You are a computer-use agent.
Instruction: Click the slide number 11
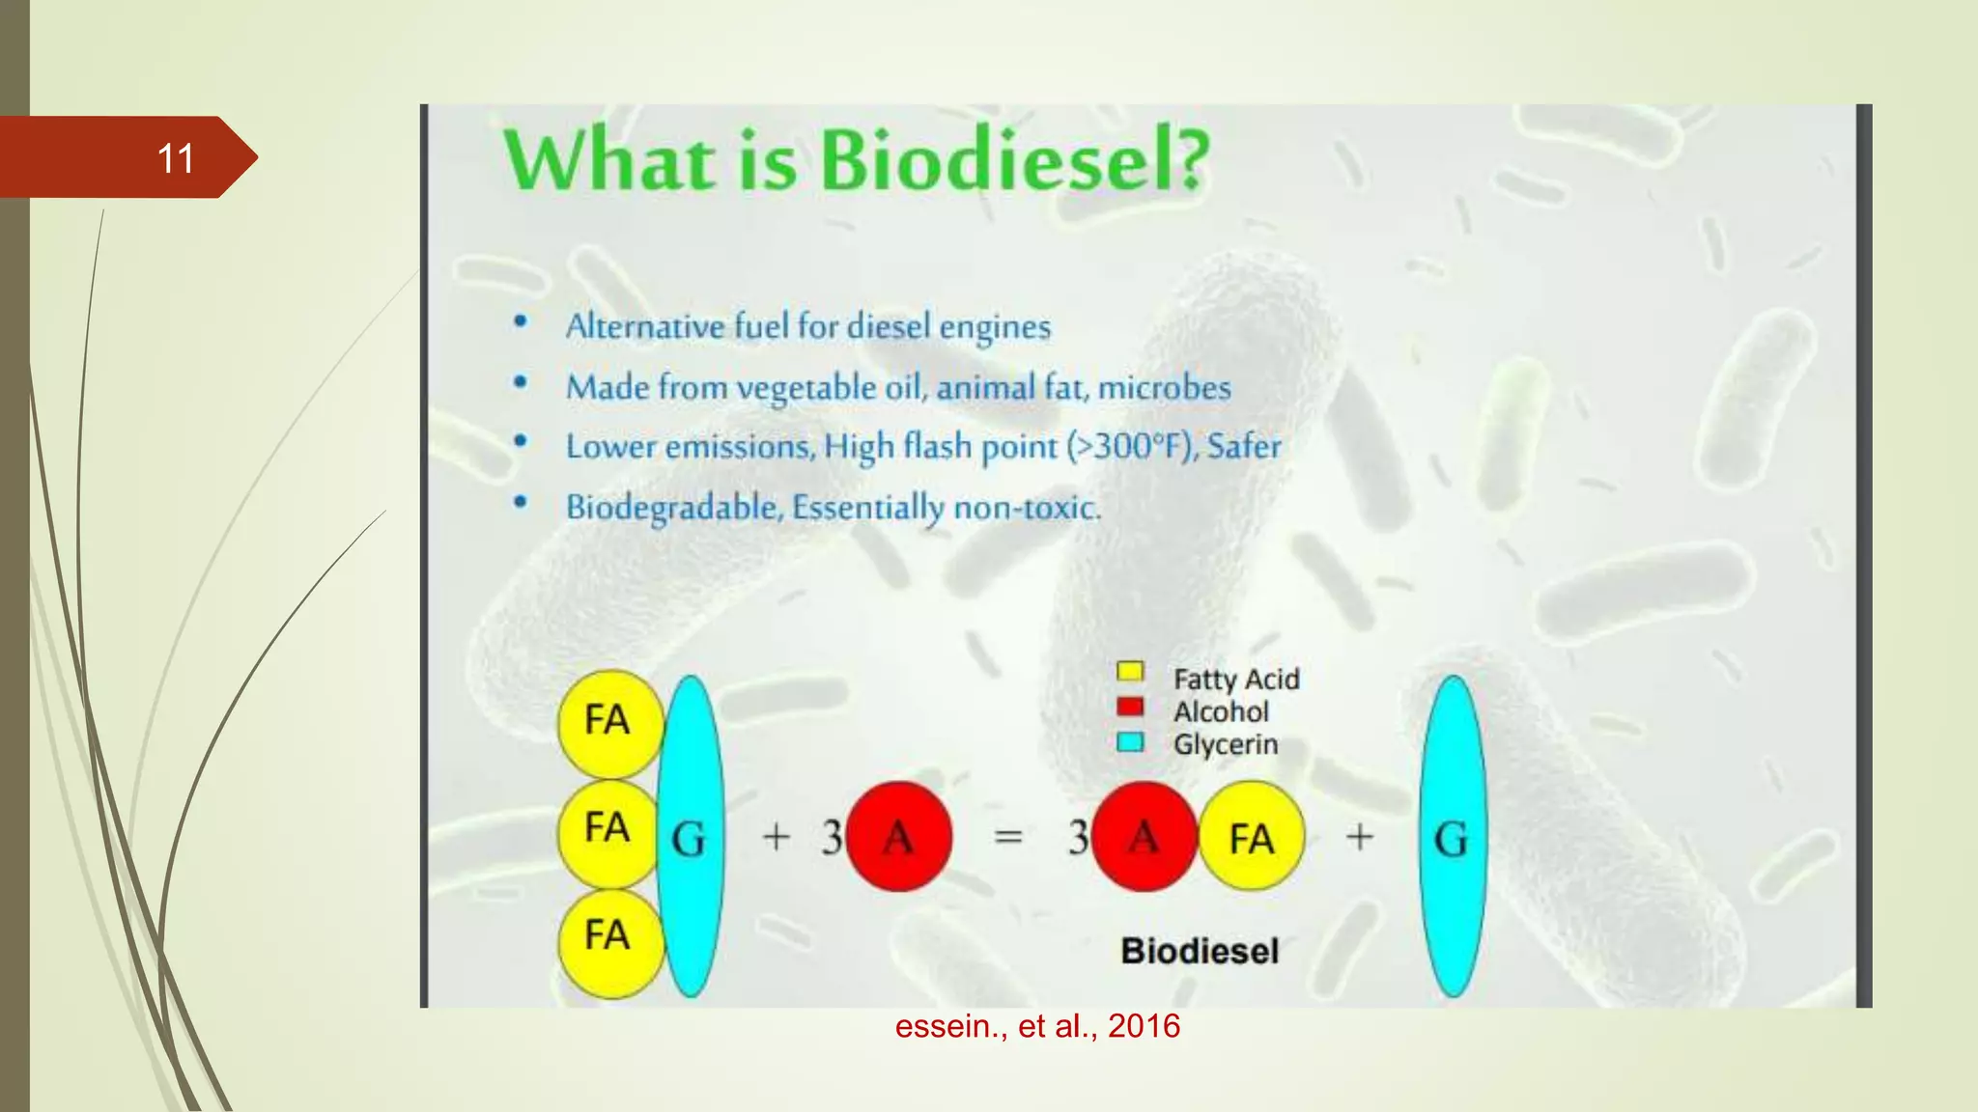click(175, 158)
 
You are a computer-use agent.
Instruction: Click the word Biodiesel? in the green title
click(1014, 160)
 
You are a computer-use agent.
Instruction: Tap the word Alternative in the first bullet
click(644, 326)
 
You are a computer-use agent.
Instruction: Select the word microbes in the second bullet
click(1164, 387)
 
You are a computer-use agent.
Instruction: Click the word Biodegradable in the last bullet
click(672, 507)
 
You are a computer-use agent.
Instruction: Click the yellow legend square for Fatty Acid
click(1129, 671)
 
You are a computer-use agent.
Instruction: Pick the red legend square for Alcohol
click(1129, 707)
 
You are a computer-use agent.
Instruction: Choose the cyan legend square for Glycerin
click(1129, 741)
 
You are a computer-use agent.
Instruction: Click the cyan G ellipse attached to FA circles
click(690, 836)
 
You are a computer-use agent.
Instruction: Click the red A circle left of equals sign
click(898, 836)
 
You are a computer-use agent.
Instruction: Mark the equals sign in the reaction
click(1007, 836)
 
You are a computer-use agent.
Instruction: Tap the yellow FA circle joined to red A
click(1252, 836)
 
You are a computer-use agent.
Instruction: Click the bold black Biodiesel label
click(1200, 951)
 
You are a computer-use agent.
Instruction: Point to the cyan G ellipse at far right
click(1452, 836)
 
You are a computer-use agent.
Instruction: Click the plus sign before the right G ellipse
click(1359, 836)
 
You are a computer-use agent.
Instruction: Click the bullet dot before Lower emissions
click(521, 442)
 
